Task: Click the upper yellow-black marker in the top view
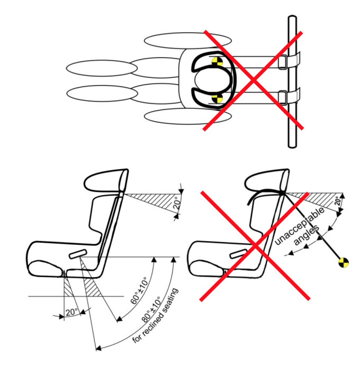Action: (215, 62)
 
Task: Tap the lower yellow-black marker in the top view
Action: (215, 98)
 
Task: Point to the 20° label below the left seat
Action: (71, 311)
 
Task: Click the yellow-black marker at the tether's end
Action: (344, 262)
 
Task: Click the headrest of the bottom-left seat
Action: (106, 182)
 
